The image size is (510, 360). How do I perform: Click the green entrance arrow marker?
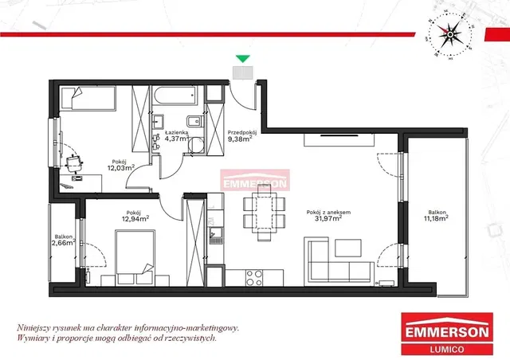click(x=243, y=58)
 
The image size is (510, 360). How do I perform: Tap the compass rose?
click(x=449, y=34)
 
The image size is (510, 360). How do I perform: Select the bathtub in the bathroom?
click(x=175, y=96)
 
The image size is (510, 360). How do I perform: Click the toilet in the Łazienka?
click(x=194, y=122)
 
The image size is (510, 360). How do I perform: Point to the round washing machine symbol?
click(x=196, y=145)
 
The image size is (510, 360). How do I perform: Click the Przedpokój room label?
click(x=242, y=132)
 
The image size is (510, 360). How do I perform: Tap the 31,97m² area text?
click(x=328, y=218)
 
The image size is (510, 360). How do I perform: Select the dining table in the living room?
click(x=264, y=213)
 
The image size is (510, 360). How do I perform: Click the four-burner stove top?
click(x=254, y=278)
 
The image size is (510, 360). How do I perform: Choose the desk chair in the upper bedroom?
click(x=74, y=163)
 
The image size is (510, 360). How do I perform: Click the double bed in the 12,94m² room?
click(x=135, y=257)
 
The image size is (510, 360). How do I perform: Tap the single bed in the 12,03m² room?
click(x=88, y=97)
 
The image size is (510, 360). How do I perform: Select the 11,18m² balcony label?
click(x=436, y=218)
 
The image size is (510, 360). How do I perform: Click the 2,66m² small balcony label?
click(x=64, y=243)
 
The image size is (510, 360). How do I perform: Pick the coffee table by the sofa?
click(x=348, y=248)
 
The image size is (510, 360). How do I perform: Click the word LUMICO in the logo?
click(x=447, y=350)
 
